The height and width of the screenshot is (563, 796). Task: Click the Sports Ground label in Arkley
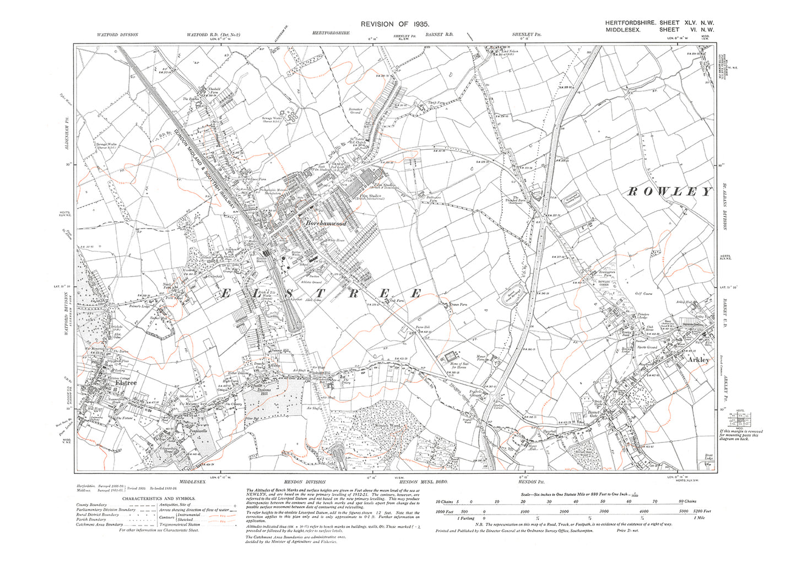[648, 348]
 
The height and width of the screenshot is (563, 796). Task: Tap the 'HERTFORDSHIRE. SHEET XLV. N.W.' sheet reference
[658, 23]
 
